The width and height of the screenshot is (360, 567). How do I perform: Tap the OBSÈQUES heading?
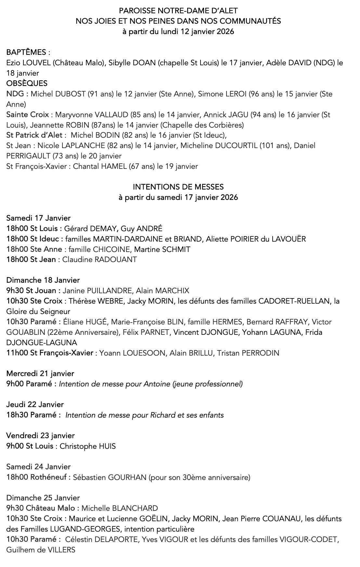coord(27,83)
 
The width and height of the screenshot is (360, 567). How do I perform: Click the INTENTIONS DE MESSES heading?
coord(178,187)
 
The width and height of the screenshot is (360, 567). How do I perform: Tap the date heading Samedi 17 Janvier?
coord(38,218)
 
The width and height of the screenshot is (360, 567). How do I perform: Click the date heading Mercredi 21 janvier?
coord(40,373)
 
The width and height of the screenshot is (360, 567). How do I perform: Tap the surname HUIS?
coord(107,446)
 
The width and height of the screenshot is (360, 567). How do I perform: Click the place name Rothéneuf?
coord(50,477)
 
